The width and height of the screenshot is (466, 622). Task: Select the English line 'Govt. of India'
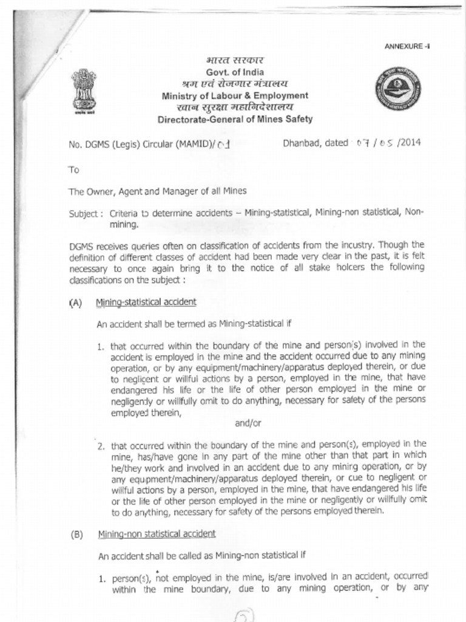pyautogui.click(x=235, y=72)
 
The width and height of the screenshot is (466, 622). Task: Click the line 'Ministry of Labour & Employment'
pyautogui.click(x=235, y=95)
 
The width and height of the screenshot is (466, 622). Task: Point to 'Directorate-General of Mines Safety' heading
pyautogui.click(x=235, y=119)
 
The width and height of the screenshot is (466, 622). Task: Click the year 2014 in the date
pyautogui.click(x=408, y=143)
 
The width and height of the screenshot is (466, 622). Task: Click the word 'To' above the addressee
pyautogui.click(x=73, y=169)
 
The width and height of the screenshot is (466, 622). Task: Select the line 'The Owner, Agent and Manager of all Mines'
pyautogui.click(x=157, y=191)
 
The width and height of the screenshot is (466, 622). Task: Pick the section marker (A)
pyautogui.click(x=76, y=302)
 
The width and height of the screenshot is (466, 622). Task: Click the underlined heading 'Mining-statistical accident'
pyautogui.click(x=146, y=302)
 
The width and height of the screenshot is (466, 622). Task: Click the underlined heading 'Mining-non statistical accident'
pyautogui.click(x=157, y=534)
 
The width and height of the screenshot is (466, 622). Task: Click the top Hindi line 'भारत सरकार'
pyautogui.click(x=235, y=61)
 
